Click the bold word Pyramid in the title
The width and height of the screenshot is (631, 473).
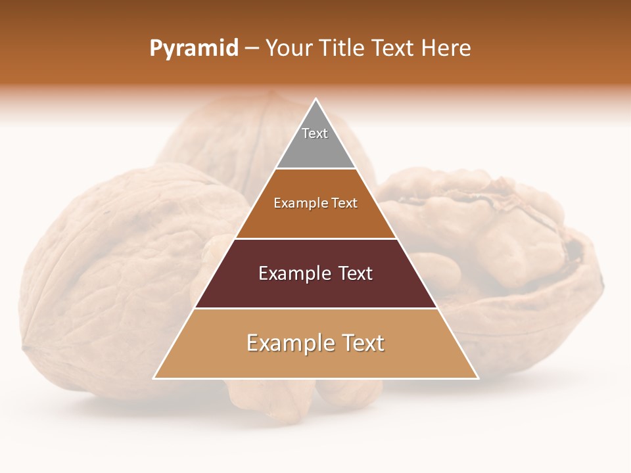pyautogui.click(x=193, y=49)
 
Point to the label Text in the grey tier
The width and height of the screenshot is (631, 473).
pyautogui.click(x=315, y=133)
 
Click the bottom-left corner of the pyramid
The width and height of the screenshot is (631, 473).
pyautogui.click(x=154, y=378)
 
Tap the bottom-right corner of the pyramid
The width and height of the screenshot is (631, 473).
pyautogui.click(x=478, y=378)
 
